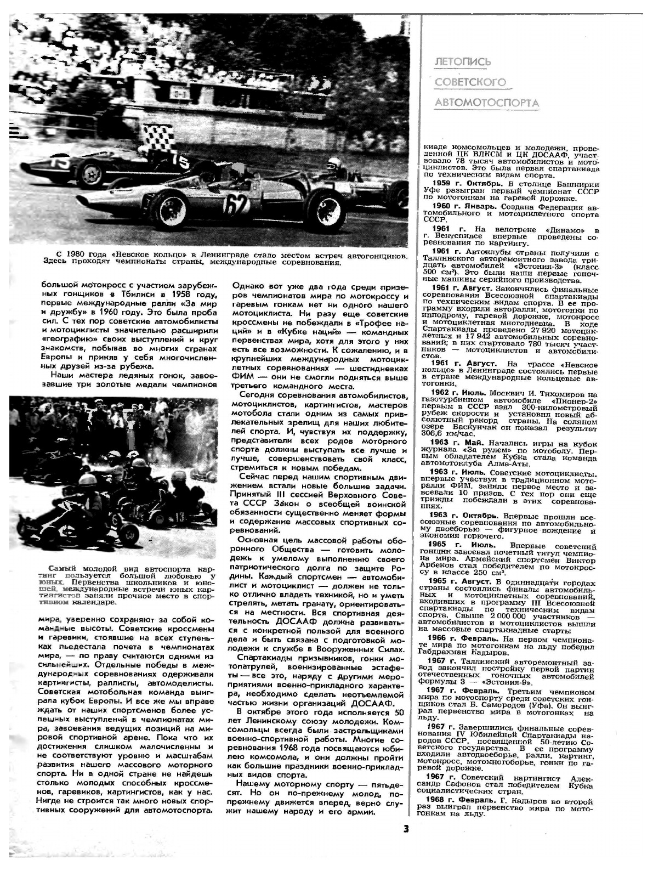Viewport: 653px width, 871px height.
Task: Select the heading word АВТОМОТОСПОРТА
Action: click(x=486, y=103)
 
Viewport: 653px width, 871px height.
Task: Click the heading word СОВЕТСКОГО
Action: click(x=469, y=82)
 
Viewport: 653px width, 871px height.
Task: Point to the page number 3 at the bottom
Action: click(x=406, y=828)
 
